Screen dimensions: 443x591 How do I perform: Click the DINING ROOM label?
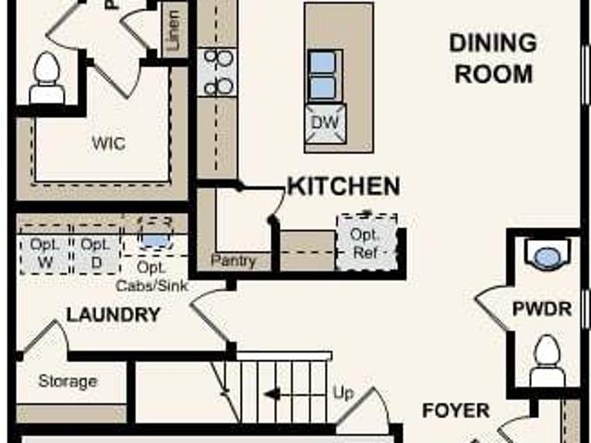pos(492,57)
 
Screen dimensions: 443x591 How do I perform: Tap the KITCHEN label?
pos(344,186)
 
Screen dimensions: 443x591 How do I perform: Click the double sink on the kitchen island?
pos(323,75)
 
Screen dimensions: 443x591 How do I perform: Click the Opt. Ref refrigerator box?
pos(367,243)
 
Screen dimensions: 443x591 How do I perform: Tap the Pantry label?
pos(234,261)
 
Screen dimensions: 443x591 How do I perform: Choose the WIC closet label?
pos(108,144)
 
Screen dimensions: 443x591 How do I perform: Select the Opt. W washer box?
pos(45,251)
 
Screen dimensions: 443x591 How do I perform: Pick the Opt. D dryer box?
pos(93,251)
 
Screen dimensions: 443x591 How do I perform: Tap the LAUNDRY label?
pos(113,315)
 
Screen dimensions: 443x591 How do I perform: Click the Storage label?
pos(67,381)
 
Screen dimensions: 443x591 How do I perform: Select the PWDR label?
pos(542,308)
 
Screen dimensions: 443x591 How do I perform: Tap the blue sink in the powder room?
pos(548,256)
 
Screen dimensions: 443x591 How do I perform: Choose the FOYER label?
pos(455,410)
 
